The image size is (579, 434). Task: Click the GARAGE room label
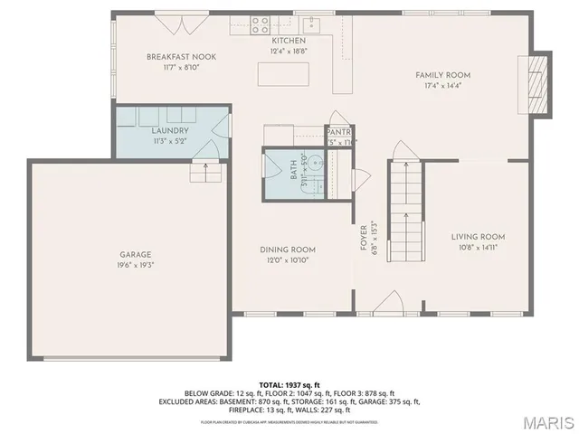pyautogui.click(x=136, y=254)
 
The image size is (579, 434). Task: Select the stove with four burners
pyautogui.click(x=261, y=24)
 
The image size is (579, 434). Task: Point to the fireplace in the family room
pyautogui.click(x=537, y=83)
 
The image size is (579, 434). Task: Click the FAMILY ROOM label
pyautogui.click(x=442, y=75)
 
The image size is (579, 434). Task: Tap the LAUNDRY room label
pyautogui.click(x=169, y=130)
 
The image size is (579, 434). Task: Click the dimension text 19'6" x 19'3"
pyautogui.click(x=136, y=265)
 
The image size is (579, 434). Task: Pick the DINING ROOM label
pyautogui.click(x=288, y=250)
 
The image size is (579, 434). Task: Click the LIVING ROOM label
pyautogui.click(x=478, y=237)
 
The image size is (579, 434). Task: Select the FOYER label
pyautogui.click(x=364, y=237)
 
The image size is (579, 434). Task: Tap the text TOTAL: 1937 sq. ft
pyautogui.click(x=289, y=384)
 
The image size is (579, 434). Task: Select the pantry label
pyautogui.click(x=338, y=130)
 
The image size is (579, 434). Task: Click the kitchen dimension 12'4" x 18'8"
pyautogui.click(x=289, y=52)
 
